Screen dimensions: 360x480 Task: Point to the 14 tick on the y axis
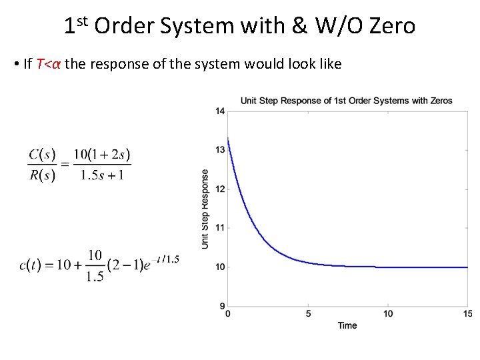click(220, 111)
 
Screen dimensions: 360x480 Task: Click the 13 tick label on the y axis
click(220, 150)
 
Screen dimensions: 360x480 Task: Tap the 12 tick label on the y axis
click(220, 189)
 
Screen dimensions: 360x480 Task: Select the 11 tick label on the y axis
click(220, 228)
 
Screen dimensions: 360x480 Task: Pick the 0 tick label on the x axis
click(229, 314)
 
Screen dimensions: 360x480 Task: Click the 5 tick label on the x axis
click(308, 314)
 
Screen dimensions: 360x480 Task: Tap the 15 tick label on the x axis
click(466, 314)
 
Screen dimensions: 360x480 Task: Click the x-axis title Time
click(347, 325)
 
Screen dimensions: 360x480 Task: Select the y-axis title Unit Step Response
click(205, 209)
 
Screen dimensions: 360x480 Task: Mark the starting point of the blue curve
click(229, 138)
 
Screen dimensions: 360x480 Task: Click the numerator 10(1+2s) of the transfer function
click(102, 155)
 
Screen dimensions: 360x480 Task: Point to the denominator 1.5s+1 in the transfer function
click(102, 175)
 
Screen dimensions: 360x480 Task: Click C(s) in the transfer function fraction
click(41, 155)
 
